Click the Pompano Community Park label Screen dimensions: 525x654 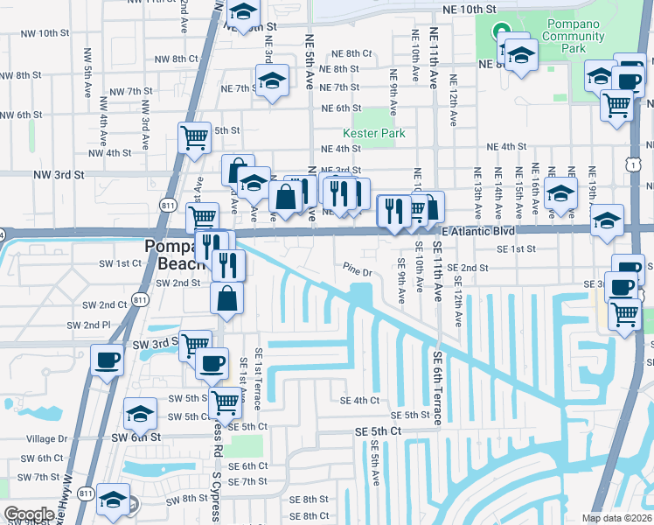573,36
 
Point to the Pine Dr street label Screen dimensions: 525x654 358,272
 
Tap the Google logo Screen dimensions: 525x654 29,514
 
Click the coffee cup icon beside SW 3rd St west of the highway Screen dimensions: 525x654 107,360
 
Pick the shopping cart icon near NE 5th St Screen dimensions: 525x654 194,136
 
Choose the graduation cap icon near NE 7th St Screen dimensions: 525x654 272,81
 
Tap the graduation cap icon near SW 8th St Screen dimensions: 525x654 112,499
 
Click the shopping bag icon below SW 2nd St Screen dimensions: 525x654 226,297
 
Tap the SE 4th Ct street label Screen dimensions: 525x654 359,400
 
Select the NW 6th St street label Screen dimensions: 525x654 21,115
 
